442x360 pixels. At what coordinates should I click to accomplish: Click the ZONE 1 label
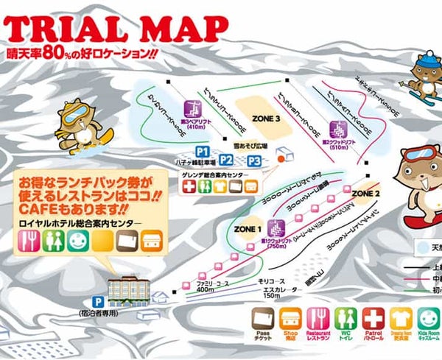248,229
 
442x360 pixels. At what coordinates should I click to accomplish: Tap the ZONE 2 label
365,193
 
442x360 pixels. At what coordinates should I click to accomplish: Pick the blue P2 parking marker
227,160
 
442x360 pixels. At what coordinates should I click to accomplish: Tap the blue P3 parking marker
253,160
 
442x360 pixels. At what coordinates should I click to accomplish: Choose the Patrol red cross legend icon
374,319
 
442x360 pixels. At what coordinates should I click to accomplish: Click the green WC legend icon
343,319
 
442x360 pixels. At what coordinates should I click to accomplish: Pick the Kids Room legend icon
427,319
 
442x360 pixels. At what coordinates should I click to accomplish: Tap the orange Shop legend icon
290,319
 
